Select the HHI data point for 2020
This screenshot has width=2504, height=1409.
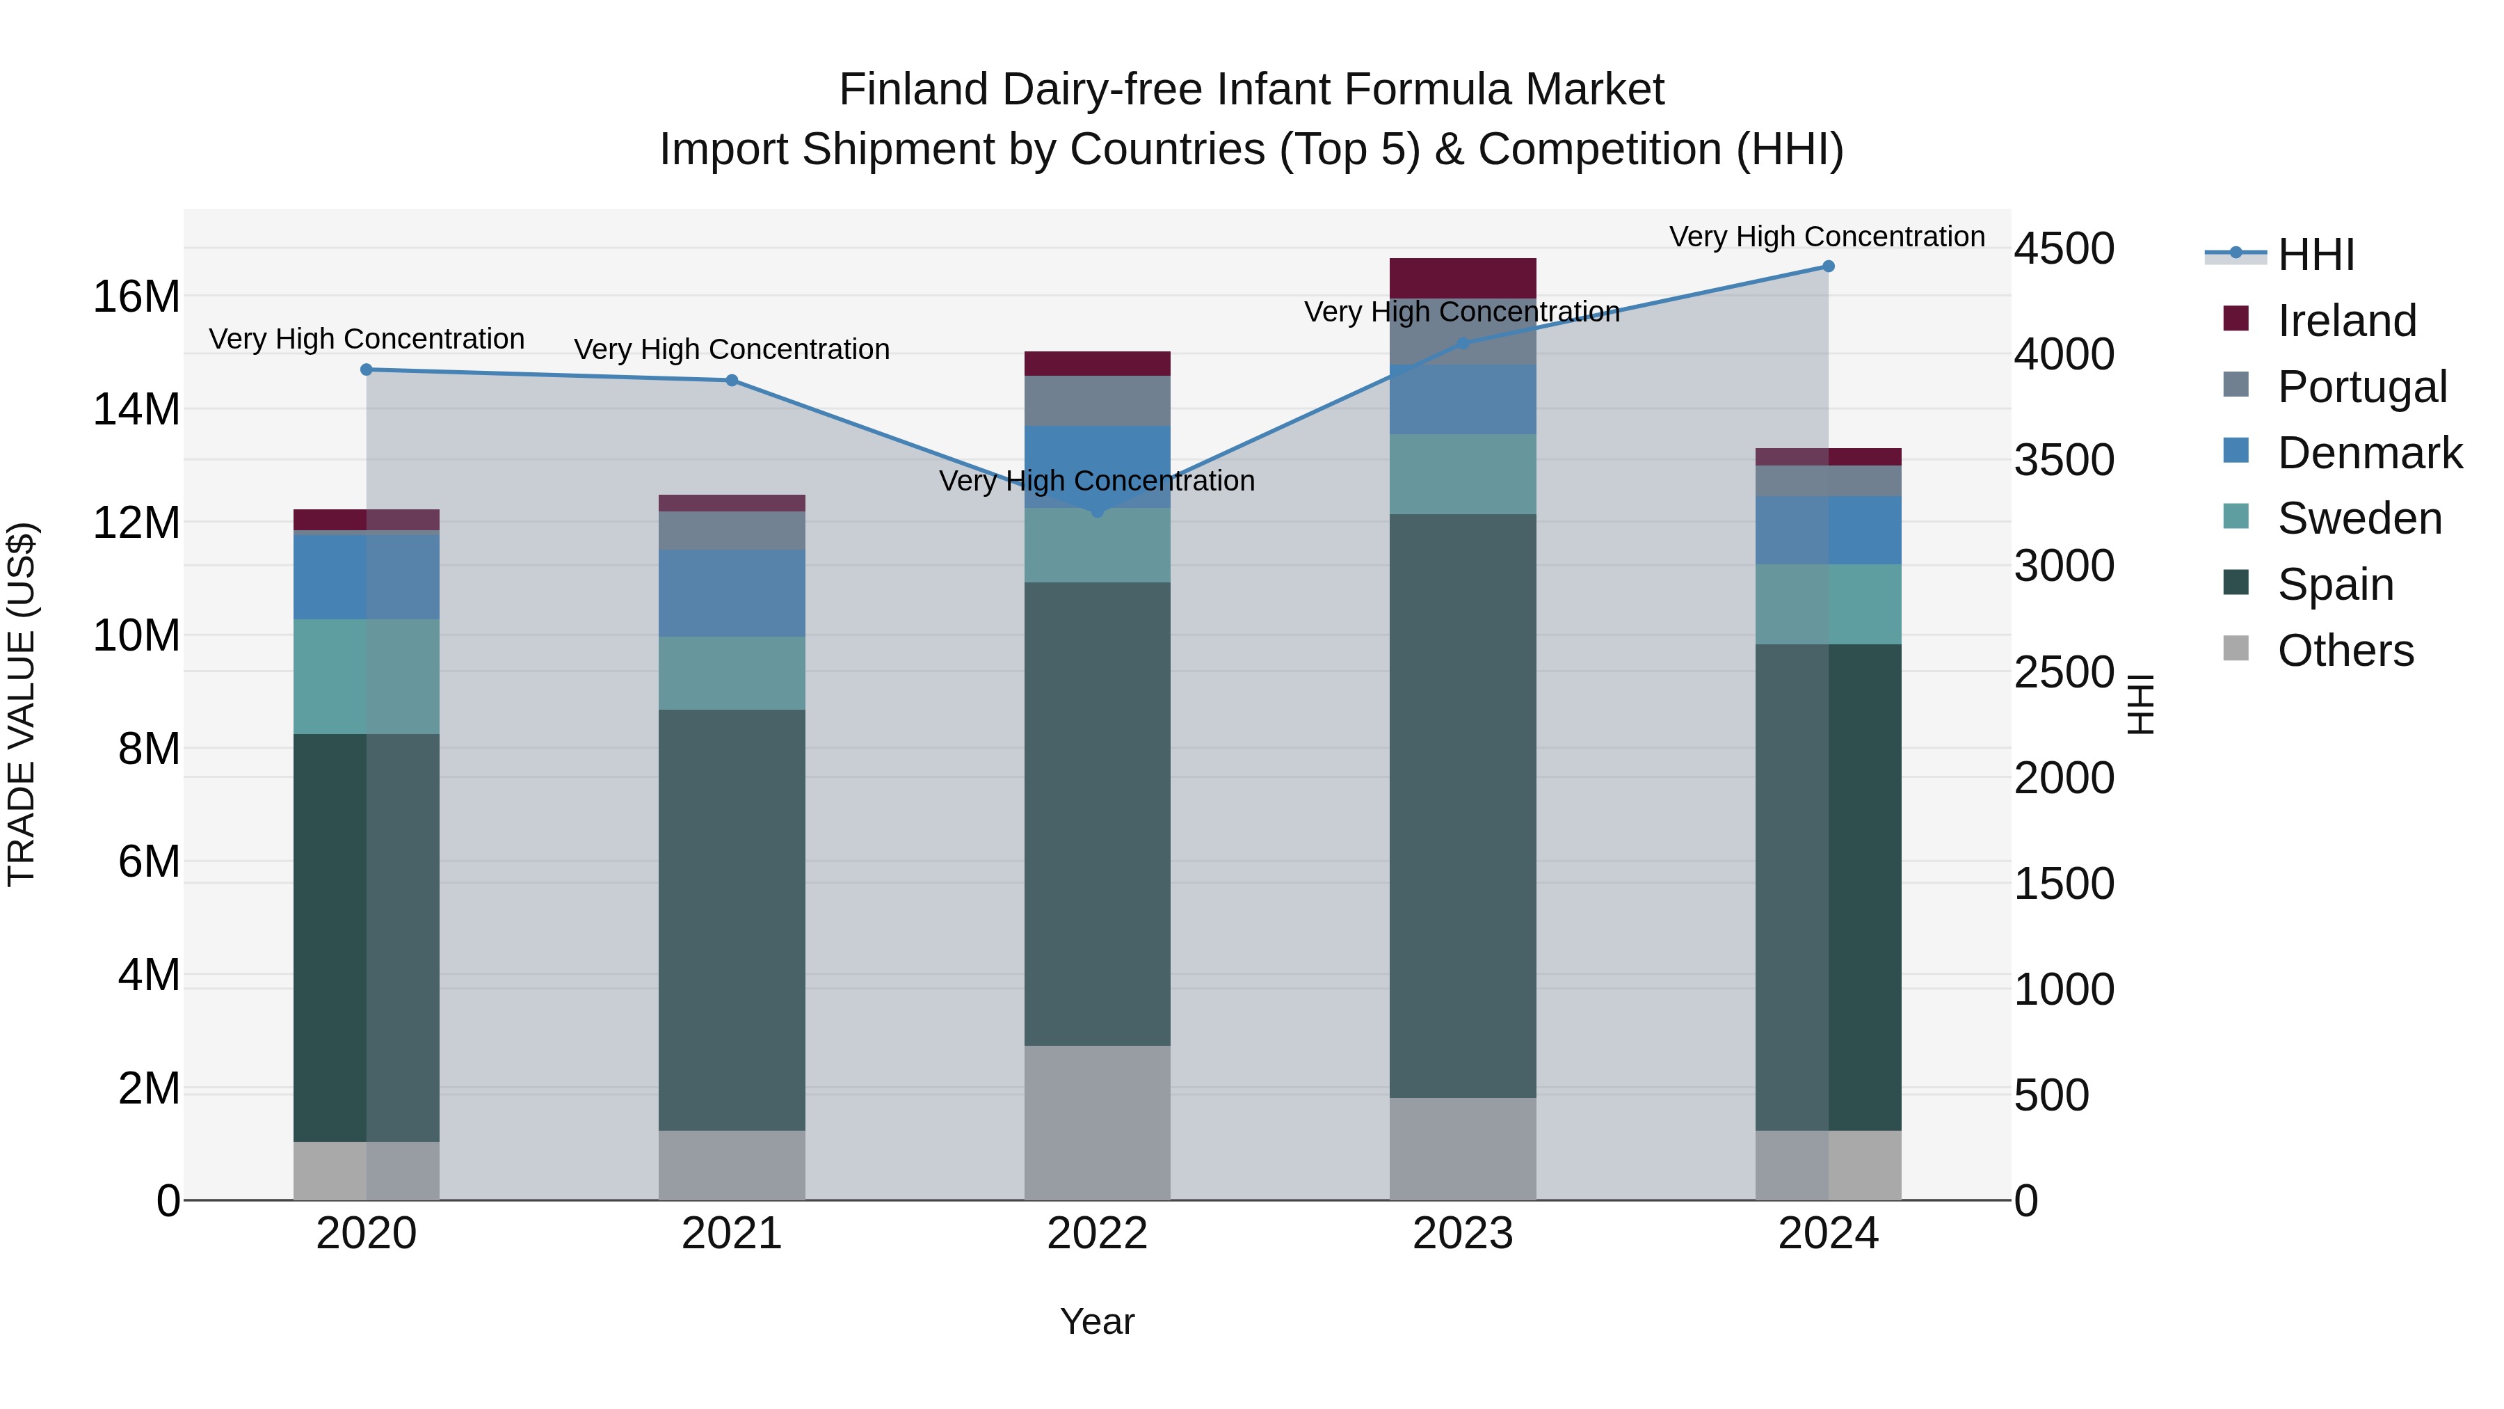tap(367, 369)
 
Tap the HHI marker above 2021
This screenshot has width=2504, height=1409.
tap(732, 380)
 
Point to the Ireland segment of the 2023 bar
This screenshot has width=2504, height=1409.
tap(1462, 278)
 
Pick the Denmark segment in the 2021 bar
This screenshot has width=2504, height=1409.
tap(732, 593)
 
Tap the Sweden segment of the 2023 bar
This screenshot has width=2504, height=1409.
tap(1462, 475)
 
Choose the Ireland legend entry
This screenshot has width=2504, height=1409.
tap(2345, 321)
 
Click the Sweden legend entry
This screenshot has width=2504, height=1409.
tap(2359, 518)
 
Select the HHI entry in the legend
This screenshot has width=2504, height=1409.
tap(2316, 255)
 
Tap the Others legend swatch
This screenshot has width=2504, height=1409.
tap(2236, 648)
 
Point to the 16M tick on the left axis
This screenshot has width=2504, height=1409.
tap(136, 296)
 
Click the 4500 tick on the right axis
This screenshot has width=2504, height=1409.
tap(2064, 249)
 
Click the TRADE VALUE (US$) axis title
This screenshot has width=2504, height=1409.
tap(22, 704)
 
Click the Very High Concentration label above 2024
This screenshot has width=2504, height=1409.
tap(1827, 237)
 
